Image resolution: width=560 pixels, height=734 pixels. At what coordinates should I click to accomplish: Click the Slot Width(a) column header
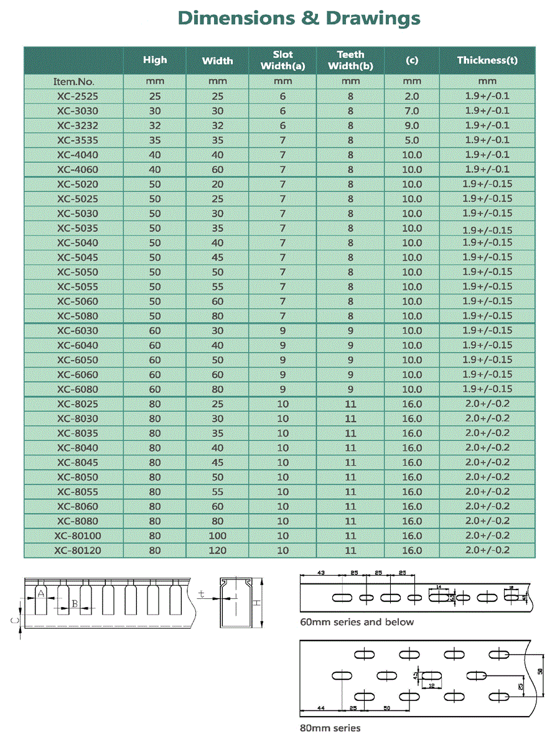pyautogui.click(x=282, y=60)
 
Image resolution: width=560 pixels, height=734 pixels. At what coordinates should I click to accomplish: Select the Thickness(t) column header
pyautogui.click(x=487, y=60)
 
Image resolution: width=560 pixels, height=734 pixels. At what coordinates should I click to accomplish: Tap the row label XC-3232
pyautogui.click(x=78, y=126)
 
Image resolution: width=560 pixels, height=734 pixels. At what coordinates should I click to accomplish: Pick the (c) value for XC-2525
pyautogui.click(x=412, y=96)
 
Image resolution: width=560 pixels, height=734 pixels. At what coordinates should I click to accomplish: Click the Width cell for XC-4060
pyautogui.click(x=217, y=169)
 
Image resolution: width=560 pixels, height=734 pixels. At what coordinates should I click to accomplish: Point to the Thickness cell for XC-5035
pyautogui.click(x=487, y=229)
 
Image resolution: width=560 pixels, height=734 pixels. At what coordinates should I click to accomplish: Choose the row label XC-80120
pyautogui.click(x=78, y=550)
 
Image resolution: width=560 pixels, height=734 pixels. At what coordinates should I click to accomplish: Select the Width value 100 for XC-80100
pyautogui.click(x=217, y=536)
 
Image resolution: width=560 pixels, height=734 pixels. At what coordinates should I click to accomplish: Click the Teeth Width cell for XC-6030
pyautogui.click(x=350, y=331)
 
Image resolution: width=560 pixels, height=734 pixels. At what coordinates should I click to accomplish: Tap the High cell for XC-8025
pyautogui.click(x=155, y=404)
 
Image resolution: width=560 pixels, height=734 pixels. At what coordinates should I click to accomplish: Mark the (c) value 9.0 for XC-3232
pyautogui.click(x=412, y=126)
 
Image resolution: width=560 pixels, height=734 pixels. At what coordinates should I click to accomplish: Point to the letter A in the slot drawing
pyautogui.click(x=41, y=593)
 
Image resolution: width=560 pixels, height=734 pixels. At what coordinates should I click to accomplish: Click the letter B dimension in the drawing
pyautogui.click(x=74, y=603)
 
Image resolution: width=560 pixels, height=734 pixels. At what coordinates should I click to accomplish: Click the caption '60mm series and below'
pyautogui.click(x=357, y=622)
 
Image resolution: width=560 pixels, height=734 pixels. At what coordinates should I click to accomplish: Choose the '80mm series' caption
pyautogui.click(x=330, y=728)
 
